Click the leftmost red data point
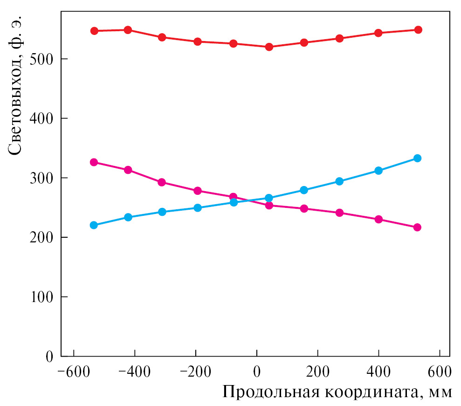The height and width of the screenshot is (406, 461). tap(94, 31)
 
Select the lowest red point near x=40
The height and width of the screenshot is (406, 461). tap(269, 47)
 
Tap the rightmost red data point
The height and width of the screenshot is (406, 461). tap(418, 30)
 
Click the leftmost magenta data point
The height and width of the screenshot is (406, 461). tap(94, 162)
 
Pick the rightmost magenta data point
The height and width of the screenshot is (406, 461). tap(417, 227)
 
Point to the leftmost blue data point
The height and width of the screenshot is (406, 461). tap(94, 225)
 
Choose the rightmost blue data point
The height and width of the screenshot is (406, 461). tap(417, 158)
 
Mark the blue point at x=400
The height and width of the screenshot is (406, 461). tap(378, 171)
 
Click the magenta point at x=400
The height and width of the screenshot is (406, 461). tap(378, 219)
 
